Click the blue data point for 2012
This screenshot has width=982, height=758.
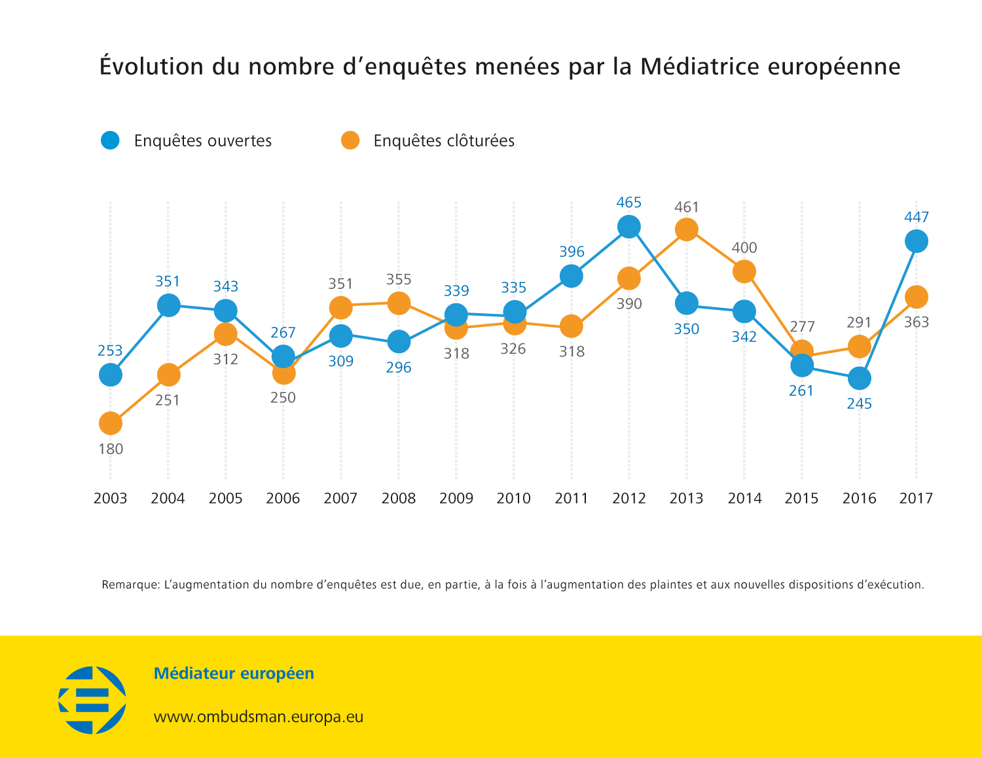(628, 227)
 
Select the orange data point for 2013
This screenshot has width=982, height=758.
(686, 229)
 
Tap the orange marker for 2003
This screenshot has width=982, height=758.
(111, 423)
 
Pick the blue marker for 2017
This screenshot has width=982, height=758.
(916, 241)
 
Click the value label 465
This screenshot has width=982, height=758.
(628, 202)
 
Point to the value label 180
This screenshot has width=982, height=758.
(111, 449)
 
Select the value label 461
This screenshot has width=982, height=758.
(687, 207)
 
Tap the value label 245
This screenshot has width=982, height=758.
(859, 404)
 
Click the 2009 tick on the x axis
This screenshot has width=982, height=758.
(456, 499)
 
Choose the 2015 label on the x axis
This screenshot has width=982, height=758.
(801, 499)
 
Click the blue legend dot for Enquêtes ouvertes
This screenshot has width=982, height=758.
(111, 140)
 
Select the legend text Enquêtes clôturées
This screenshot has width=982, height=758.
(444, 141)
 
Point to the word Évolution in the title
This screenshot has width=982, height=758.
(152, 67)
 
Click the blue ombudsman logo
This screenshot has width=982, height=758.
(92, 700)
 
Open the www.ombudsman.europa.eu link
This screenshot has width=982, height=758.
(259, 717)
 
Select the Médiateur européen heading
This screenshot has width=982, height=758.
(234, 673)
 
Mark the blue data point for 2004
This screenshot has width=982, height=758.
(168, 305)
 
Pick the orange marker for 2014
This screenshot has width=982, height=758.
(744, 271)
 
